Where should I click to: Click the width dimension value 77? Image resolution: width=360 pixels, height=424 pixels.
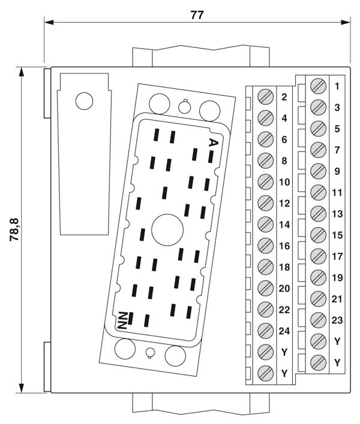[196, 15]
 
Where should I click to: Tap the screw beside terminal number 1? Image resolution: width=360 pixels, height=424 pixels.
[319, 86]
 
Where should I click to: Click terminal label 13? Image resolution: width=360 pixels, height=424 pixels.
[337, 214]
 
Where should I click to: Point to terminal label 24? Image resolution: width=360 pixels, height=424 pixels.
[284, 330]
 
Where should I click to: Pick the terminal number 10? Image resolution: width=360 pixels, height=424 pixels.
[284, 182]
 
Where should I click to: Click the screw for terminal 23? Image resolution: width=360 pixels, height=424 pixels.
[319, 320]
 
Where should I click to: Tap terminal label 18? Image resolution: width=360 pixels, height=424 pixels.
[284, 267]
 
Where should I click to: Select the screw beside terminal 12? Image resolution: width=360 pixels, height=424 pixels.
[265, 202]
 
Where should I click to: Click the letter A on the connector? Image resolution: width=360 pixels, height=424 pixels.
[212, 142]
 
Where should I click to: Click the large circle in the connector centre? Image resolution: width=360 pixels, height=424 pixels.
[164, 229]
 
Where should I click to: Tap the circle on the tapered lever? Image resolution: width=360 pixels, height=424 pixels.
[85, 101]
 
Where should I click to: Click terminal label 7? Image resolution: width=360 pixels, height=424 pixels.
[337, 150]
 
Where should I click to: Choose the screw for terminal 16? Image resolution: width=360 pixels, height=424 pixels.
[265, 245]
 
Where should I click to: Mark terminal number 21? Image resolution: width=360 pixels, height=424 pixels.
[337, 298]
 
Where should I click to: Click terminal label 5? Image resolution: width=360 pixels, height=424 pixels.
[337, 129]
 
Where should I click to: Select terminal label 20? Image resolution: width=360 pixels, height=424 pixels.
[284, 288]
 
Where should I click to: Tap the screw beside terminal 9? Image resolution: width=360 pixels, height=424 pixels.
[319, 171]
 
